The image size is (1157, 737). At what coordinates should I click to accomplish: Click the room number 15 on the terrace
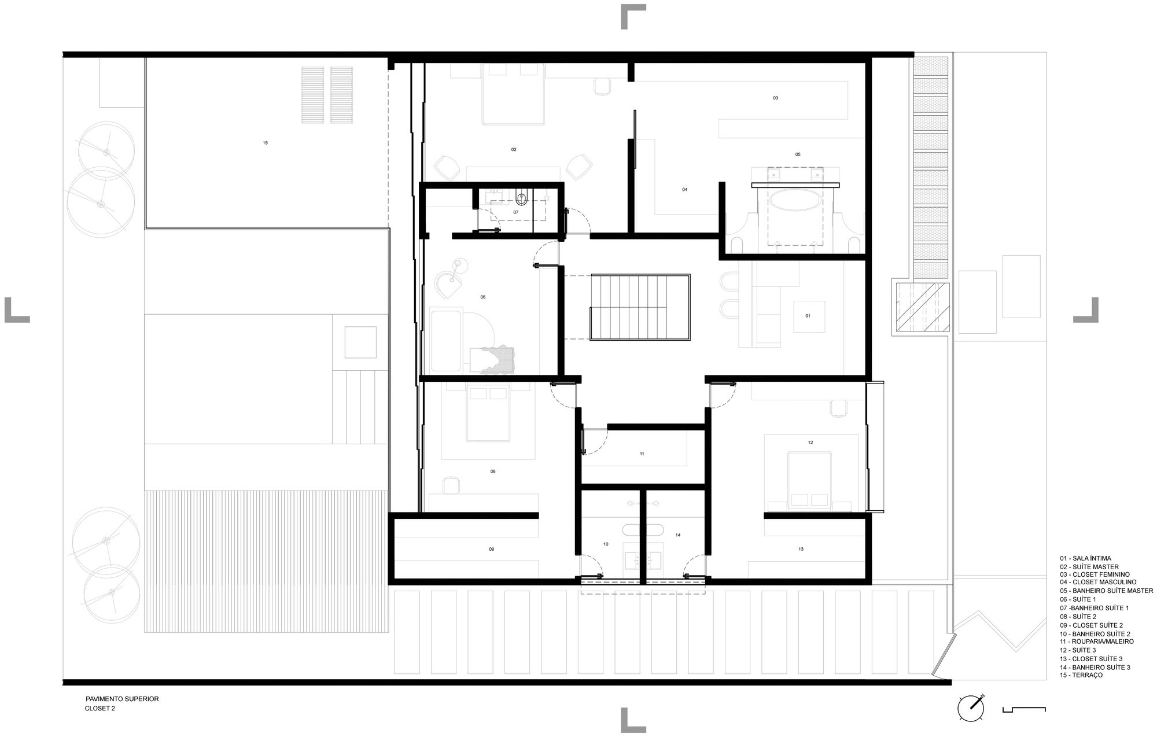pos(265,143)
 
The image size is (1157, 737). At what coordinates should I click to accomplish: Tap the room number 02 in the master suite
pos(514,150)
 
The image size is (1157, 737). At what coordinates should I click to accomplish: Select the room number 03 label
pos(775,98)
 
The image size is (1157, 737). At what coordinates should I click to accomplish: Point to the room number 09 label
pos(491,549)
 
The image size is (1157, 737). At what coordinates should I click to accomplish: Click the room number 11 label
pos(642,454)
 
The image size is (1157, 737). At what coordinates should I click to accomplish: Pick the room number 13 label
pos(801,549)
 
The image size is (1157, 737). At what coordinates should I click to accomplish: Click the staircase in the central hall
pos(640,307)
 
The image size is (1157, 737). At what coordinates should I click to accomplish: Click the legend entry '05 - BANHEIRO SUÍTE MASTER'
pos(1106,591)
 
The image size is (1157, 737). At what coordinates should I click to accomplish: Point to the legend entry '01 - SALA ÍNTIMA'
pos(1085,559)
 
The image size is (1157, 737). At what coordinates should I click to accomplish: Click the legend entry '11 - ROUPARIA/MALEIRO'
pos(1097,642)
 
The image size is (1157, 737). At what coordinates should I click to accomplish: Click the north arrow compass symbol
pos(971,707)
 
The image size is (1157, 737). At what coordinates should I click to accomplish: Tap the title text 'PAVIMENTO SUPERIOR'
pos(121,699)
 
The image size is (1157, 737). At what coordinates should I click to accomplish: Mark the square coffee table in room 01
pos(809,316)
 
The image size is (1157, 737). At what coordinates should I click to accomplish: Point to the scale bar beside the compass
pos(1024,708)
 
